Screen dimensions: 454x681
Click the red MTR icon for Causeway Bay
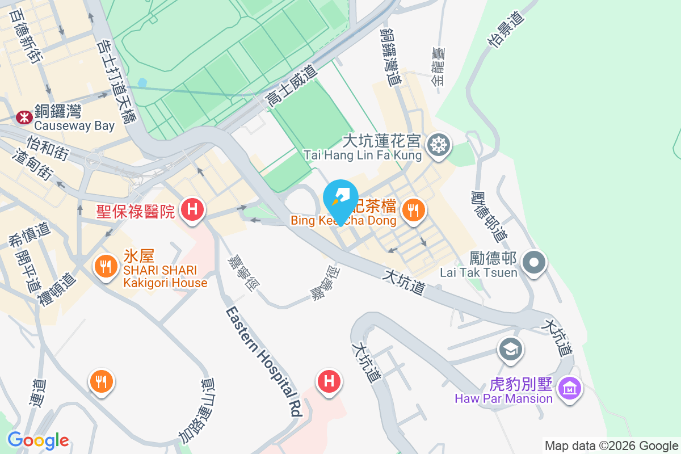(x=24, y=117)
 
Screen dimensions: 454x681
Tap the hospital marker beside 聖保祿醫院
(x=192, y=209)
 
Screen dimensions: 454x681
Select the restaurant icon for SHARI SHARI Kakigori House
(x=105, y=266)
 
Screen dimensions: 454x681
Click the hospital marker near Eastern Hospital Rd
(x=329, y=380)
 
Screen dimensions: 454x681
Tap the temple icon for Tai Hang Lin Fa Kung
(x=438, y=145)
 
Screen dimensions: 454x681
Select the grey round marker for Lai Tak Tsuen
(x=534, y=263)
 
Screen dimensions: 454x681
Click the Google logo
(x=38, y=440)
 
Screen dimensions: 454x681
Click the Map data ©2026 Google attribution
(x=611, y=446)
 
